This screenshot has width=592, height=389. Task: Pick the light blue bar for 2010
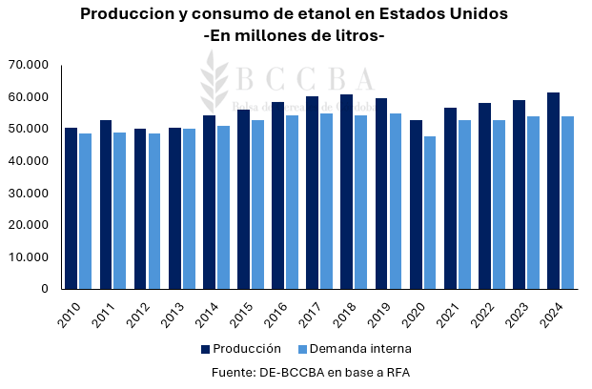point(86,211)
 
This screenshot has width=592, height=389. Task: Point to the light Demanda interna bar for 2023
point(534,202)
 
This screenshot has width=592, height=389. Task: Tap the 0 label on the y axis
point(45,288)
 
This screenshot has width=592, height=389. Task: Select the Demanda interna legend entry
point(355,348)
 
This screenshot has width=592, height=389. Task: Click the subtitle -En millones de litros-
point(295,35)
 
